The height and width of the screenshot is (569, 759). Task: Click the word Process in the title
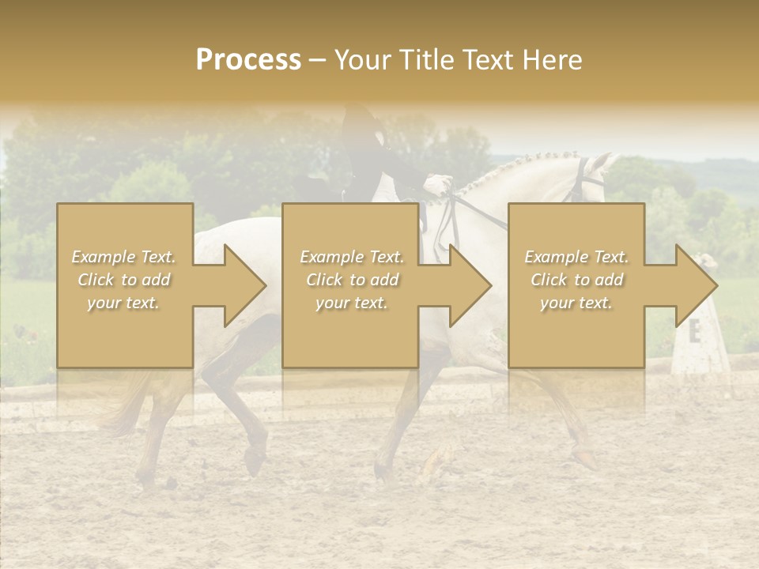click(248, 60)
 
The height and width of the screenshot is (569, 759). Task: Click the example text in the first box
click(124, 280)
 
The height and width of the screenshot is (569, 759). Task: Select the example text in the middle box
click(352, 280)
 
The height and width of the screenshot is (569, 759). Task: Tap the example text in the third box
click(576, 280)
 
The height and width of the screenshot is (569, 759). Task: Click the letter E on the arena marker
click(695, 333)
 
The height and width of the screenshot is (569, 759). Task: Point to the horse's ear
click(605, 161)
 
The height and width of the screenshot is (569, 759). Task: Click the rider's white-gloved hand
click(436, 186)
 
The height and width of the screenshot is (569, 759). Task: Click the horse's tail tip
click(119, 427)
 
